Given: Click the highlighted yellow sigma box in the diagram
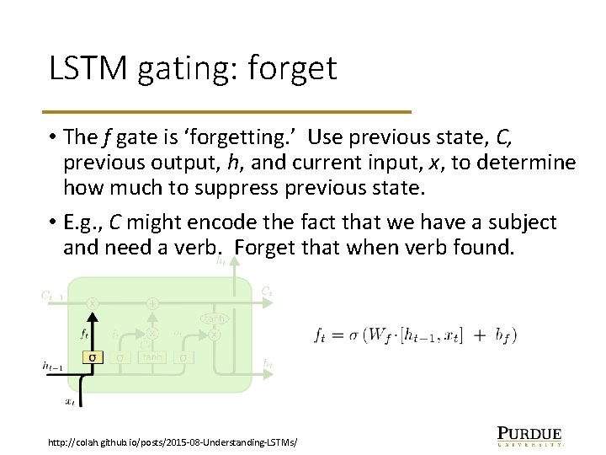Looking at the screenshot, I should pyautogui.click(x=93, y=357).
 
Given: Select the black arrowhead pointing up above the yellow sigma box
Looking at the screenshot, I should pyautogui.click(x=93, y=314).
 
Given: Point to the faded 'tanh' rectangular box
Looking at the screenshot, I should pyautogui.click(x=152, y=357).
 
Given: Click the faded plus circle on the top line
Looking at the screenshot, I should pyautogui.click(x=152, y=302).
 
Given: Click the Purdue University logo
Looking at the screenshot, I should pyautogui.click(x=529, y=434).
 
